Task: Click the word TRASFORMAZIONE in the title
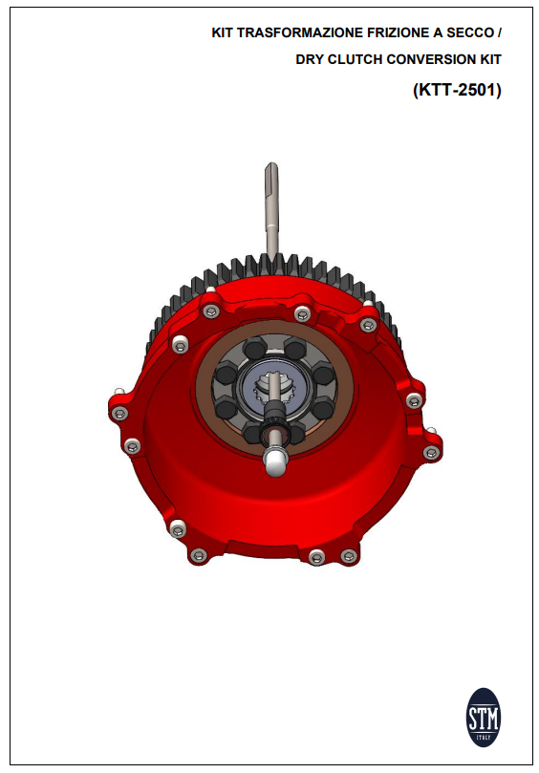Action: click(292, 33)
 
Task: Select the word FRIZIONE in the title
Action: click(380, 33)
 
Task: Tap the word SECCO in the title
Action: click(468, 33)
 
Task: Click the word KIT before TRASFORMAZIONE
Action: click(222, 33)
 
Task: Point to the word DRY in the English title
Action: click(312, 59)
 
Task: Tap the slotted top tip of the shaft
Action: click(270, 170)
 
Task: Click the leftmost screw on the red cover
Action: click(118, 413)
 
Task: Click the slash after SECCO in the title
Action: click(498, 33)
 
